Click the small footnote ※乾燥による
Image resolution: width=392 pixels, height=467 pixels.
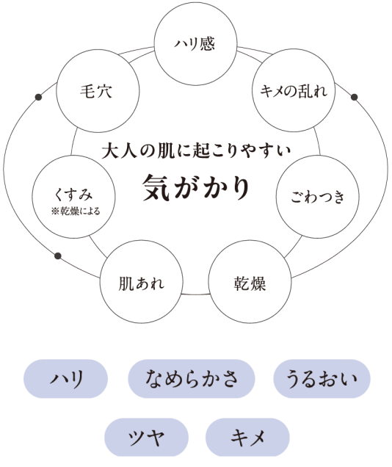(x=76, y=211)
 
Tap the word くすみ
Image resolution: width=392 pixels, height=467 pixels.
(x=73, y=194)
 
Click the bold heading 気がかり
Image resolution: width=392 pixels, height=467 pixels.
(x=196, y=188)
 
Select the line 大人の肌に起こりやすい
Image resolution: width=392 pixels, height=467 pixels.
(x=196, y=151)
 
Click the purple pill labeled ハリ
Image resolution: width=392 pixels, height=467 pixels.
(x=65, y=379)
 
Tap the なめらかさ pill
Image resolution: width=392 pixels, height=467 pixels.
(x=192, y=379)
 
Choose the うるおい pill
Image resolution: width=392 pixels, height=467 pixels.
(x=322, y=379)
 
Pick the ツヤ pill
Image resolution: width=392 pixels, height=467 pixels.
(x=146, y=437)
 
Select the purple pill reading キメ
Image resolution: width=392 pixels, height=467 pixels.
(x=247, y=437)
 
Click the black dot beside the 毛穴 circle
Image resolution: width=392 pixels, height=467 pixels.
(x=38, y=97)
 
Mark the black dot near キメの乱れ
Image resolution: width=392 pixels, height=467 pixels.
(x=355, y=97)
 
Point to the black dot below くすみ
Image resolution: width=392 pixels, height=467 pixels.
(x=58, y=256)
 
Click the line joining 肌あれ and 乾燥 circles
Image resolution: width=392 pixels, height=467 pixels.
(x=195, y=294)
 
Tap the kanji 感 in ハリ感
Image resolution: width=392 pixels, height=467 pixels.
(x=207, y=44)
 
